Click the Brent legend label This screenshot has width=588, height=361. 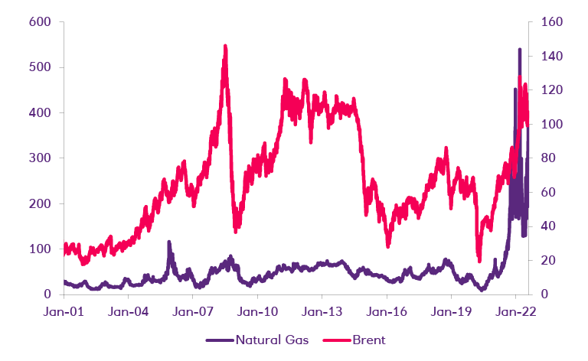pyautogui.click(x=369, y=339)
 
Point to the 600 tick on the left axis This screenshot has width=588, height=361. pyautogui.click(x=40, y=22)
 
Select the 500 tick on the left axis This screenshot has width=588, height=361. pyautogui.click(x=40, y=67)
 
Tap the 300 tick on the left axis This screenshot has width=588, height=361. pyautogui.click(x=40, y=158)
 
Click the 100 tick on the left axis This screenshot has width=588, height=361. pyautogui.click(x=40, y=249)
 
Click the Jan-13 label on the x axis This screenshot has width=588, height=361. pyautogui.click(x=322, y=312)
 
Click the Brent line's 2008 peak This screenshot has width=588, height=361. pyautogui.click(x=225, y=46)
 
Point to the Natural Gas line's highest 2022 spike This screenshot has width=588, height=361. pyautogui.click(x=520, y=50)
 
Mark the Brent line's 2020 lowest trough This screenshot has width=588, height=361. pyautogui.click(x=479, y=260)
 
